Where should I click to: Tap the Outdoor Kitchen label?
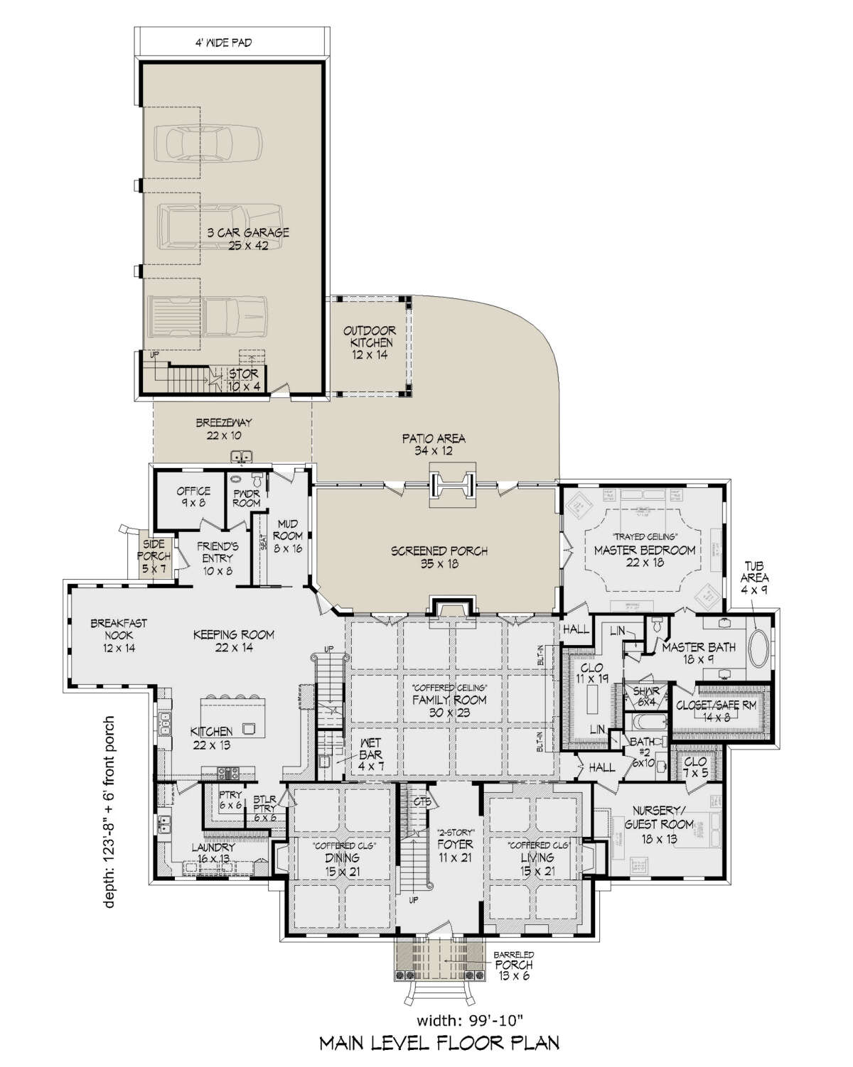368,342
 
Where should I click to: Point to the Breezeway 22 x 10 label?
224,429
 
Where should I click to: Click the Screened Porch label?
439,558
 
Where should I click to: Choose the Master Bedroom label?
644,556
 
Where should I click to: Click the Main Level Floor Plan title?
439,1043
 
